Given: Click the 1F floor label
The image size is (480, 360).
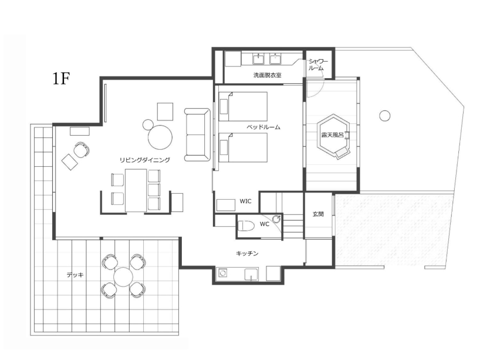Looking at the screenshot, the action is pos(62,79).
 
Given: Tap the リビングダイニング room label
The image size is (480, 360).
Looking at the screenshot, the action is pos(144,160).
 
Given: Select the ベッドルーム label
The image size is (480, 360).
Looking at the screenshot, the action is pos(263,127).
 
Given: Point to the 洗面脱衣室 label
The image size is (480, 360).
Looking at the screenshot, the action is pos(267,75).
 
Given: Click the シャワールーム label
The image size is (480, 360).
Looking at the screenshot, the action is pos(317,65).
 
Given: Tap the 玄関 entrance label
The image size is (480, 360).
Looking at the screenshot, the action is pos(318,214).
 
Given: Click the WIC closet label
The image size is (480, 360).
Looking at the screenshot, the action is pos(245,201).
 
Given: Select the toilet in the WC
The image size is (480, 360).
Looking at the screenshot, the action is pos(246,226).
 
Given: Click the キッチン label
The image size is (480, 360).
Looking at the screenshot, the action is pos(247,253).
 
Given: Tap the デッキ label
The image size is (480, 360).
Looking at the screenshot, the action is pos(75,275).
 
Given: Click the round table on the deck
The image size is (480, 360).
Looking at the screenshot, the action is pos(123,277).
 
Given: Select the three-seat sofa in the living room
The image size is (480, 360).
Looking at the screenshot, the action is pos(197,135).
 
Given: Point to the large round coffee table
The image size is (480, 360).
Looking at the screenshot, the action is pos(160,137).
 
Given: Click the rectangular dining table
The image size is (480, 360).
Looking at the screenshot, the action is pos(136,190).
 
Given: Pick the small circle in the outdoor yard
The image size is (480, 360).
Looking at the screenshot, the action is pos(385,116).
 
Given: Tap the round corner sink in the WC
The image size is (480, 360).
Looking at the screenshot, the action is pos(277,218).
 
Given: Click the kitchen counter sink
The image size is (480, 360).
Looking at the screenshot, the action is pos(251,274).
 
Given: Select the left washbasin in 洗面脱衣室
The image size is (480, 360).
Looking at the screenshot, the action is pos(259,59).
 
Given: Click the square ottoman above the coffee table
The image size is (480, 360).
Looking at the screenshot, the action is pos(165,112).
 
